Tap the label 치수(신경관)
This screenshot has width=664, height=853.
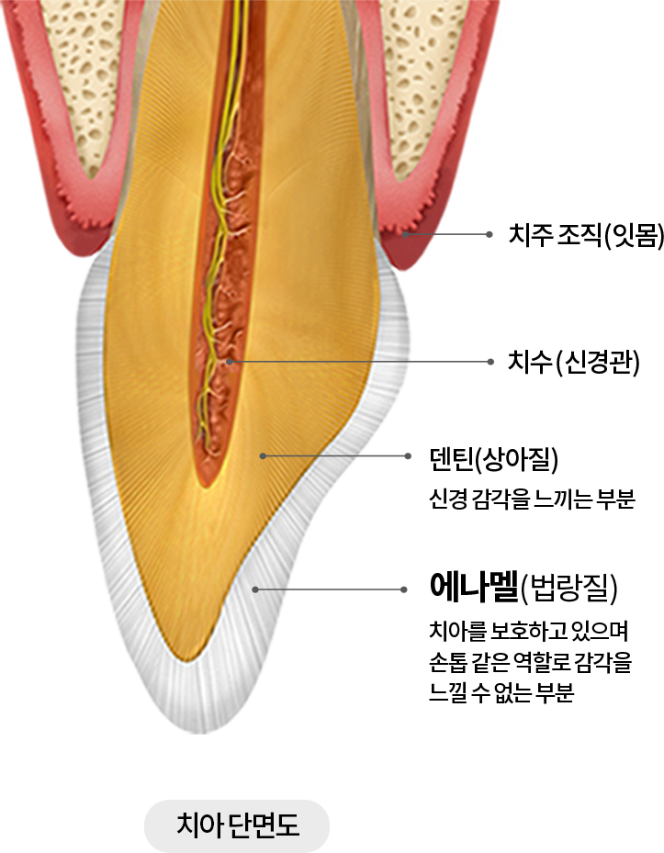[574, 362]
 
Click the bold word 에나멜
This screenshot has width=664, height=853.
[472, 587]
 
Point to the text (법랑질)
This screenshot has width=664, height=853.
[568, 589]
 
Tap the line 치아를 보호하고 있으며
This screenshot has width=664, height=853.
[528, 633]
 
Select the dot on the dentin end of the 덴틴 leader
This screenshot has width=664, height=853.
[263, 455]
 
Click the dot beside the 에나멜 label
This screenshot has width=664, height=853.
[404, 589]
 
